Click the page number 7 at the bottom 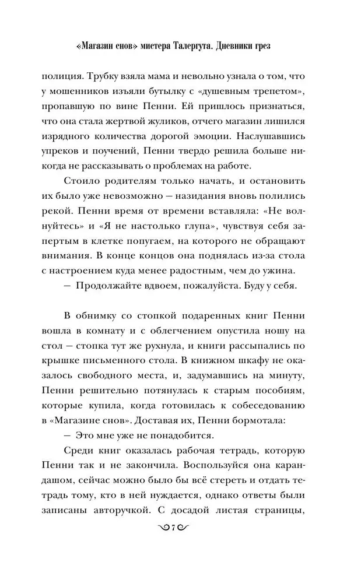pos(180,543)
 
